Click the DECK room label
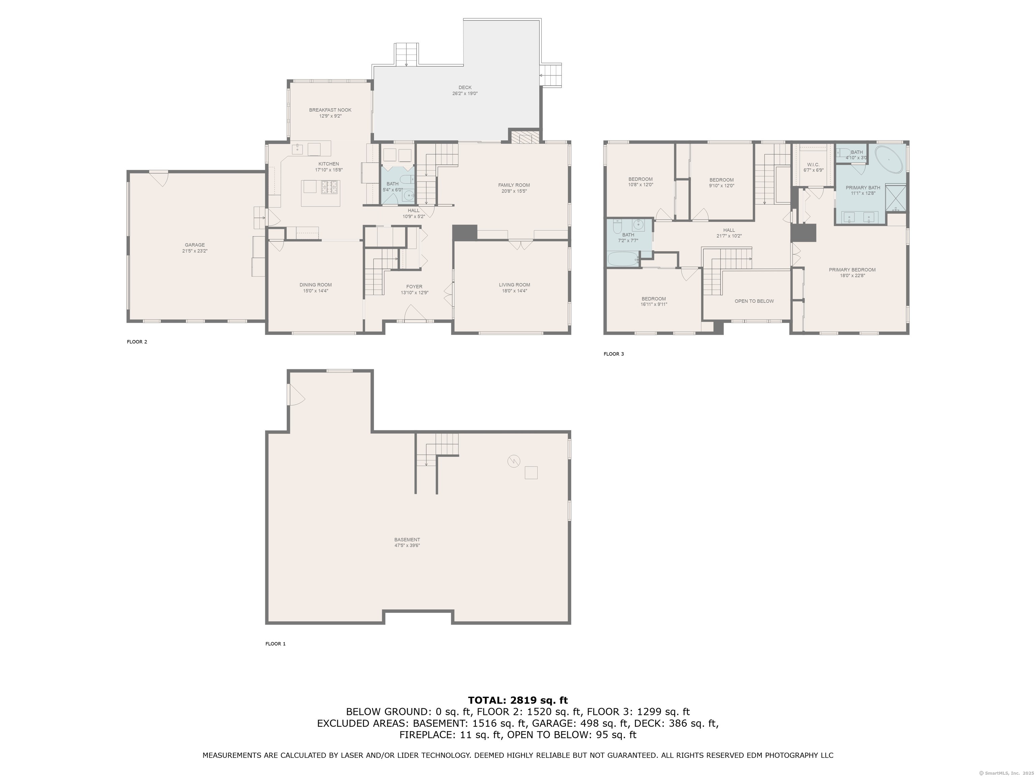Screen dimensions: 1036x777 (x=465, y=88)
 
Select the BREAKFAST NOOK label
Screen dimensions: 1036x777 (x=330, y=110)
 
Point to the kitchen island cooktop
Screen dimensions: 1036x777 (x=329, y=187)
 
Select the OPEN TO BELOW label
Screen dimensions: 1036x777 (x=754, y=301)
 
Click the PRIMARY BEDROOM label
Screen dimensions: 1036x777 (x=852, y=270)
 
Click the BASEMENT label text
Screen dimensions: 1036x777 (x=407, y=540)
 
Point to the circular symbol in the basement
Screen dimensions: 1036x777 (x=514, y=461)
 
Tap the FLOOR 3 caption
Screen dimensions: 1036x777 (x=613, y=354)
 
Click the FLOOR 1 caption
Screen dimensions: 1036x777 (x=276, y=644)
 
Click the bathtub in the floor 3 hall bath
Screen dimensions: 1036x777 (x=623, y=259)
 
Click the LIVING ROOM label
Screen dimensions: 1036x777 (x=514, y=285)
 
